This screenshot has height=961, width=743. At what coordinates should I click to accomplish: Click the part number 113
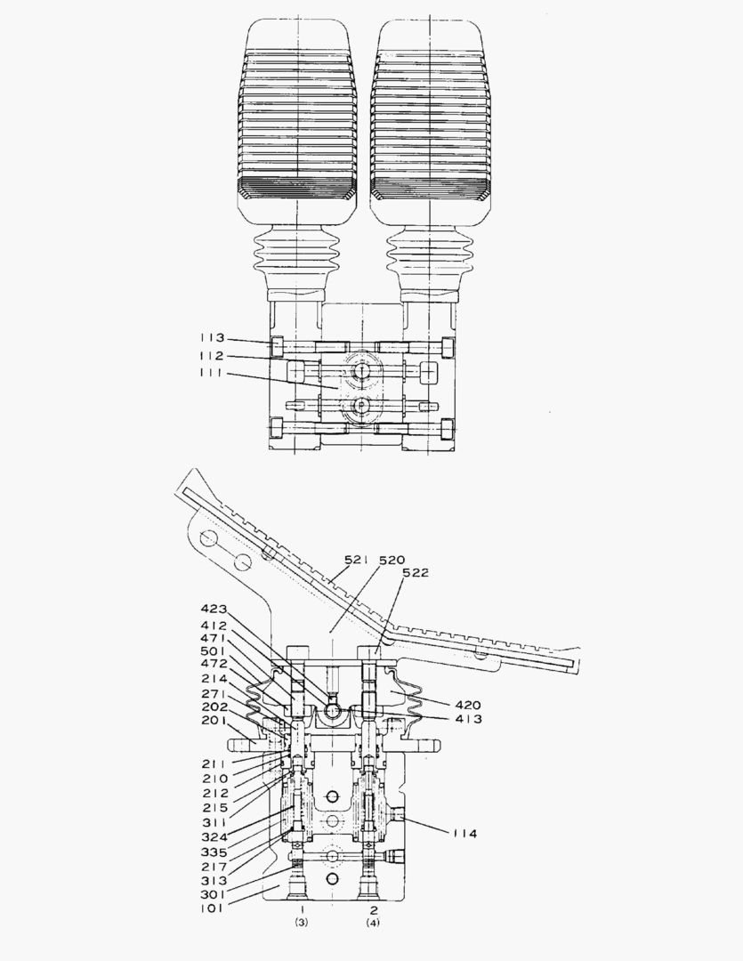(213, 339)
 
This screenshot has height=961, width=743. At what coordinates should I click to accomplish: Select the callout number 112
(213, 356)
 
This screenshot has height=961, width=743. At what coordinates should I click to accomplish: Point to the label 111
(213, 373)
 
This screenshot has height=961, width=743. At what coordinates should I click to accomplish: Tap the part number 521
(359, 561)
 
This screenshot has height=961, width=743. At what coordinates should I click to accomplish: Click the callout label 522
(415, 574)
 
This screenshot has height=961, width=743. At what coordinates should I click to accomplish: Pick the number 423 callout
(214, 610)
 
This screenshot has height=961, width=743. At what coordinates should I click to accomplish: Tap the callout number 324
(214, 836)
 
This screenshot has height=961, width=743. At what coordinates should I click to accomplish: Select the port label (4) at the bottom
(373, 923)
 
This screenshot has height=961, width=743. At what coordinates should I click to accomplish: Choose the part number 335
(214, 851)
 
